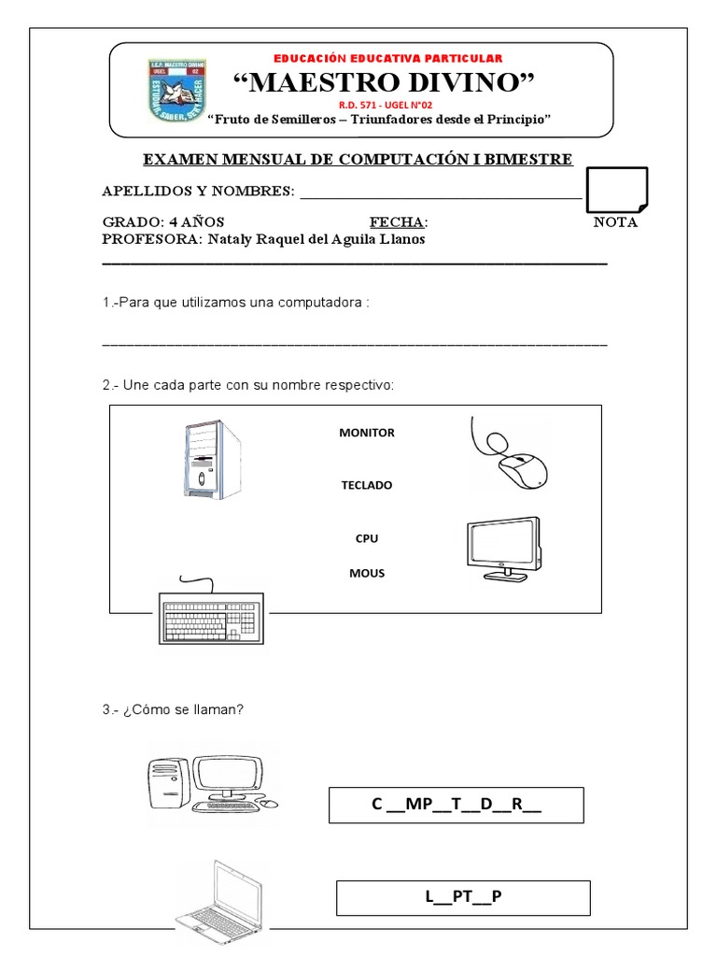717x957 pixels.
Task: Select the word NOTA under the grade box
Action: pyautogui.click(x=615, y=222)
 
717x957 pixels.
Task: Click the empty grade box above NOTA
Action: pyautogui.click(x=615, y=189)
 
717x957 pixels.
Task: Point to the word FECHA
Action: pyautogui.click(x=397, y=222)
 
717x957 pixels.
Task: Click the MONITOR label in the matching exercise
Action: pyautogui.click(x=367, y=433)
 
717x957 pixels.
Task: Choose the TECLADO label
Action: pyautogui.click(x=367, y=485)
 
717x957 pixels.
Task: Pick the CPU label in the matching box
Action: pyautogui.click(x=367, y=538)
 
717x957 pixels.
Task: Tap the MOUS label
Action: pyautogui.click(x=367, y=573)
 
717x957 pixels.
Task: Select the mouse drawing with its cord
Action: pyautogui.click(x=511, y=454)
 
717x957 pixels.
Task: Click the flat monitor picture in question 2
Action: pyautogui.click(x=502, y=550)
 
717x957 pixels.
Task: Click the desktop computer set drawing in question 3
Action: pyautogui.click(x=212, y=782)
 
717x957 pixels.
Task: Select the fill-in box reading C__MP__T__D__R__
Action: pyautogui.click(x=456, y=805)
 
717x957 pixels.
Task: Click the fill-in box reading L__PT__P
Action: pyautogui.click(x=463, y=897)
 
